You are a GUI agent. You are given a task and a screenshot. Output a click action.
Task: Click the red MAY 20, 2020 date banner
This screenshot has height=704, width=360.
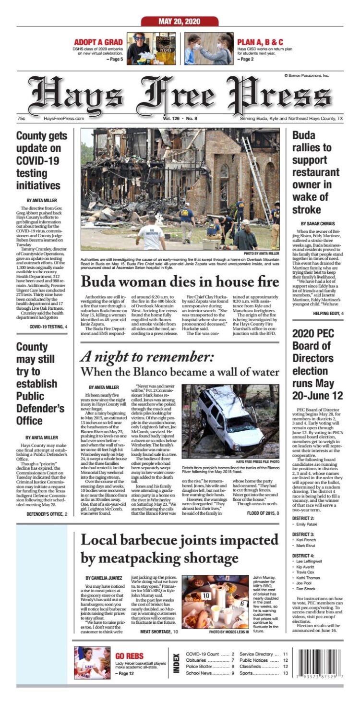tap(180, 21)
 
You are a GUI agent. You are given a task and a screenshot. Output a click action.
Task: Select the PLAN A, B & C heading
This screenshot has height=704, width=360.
tap(260, 42)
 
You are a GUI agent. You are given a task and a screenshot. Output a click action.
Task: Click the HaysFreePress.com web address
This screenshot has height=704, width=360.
tap(64, 118)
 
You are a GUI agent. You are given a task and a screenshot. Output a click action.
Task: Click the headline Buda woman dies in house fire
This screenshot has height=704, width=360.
tap(180, 280)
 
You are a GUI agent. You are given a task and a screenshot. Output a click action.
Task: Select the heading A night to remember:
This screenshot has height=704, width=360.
tap(146, 356)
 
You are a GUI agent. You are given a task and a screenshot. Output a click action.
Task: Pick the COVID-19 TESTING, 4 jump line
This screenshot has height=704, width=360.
tap(48, 327)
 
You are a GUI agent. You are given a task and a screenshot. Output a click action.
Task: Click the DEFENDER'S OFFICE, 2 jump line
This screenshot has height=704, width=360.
tap(47, 514)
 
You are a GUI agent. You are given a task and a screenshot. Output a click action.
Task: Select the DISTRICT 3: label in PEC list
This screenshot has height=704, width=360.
tap(303, 534)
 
